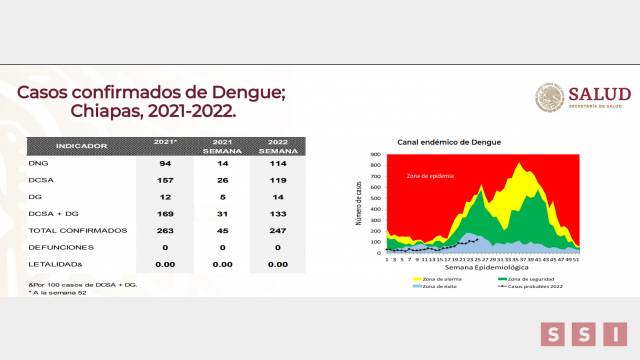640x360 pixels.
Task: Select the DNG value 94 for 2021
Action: tap(165, 162)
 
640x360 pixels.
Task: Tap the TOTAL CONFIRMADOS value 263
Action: tap(165, 229)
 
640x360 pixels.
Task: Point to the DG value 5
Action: tap(220, 196)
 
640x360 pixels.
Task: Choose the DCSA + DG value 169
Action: tap(165, 212)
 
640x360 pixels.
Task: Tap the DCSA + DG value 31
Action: tap(220, 212)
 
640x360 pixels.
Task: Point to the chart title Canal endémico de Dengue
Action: tap(450, 142)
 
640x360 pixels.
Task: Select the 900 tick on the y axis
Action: tap(376, 155)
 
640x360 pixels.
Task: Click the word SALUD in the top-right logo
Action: tap(597, 93)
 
